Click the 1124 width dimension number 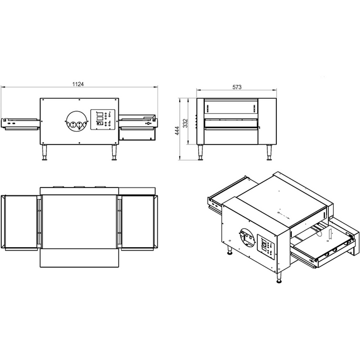(78, 84)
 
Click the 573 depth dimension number (237, 87)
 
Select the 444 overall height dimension (177, 131)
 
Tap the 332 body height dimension (185, 123)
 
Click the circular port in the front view (77, 122)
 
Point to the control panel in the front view (103, 119)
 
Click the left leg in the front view (44, 152)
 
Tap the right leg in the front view (114, 152)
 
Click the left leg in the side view (200, 152)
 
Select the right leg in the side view (269, 152)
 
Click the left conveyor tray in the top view (20, 222)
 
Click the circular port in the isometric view (247, 238)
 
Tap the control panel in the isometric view (266, 247)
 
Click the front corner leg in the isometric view (279, 277)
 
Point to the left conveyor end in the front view (20, 124)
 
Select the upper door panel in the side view (231, 107)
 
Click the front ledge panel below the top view (80, 258)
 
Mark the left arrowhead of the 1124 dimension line (2, 87)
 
